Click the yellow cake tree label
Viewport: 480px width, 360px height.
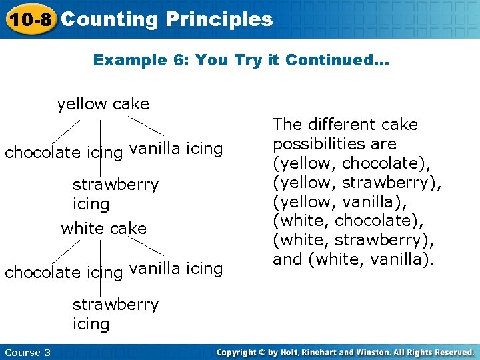pos(103,104)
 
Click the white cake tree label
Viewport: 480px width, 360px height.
pos(103,229)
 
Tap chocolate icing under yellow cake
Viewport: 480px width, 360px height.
pos(63,153)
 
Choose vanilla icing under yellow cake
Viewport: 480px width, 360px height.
pos(176,149)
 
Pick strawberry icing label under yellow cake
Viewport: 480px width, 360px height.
pos(115,193)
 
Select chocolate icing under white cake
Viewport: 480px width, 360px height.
pos(63,272)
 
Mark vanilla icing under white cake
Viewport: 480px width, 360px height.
pos(176,269)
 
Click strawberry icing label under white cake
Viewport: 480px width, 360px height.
pos(115,313)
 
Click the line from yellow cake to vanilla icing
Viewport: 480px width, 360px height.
pos(146,126)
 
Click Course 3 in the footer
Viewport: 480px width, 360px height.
pos(27,353)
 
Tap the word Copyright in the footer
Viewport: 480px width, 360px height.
pos(239,353)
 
